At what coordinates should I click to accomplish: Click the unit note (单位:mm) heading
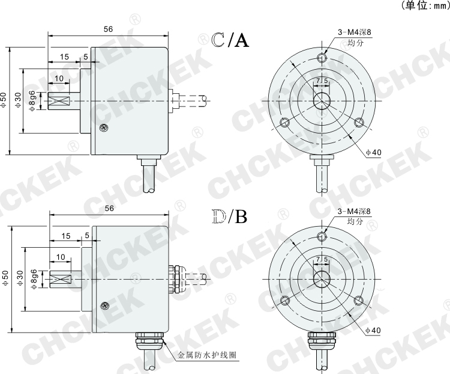[424, 5]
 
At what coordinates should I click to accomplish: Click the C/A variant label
[222, 40]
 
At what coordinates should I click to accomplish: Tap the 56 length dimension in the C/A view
[109, 28]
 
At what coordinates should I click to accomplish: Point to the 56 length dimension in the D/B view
[109, 208]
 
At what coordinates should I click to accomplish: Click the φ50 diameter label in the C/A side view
[5, 99]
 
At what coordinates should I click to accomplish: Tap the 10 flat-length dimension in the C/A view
[59, 79]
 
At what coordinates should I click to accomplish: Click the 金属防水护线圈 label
[207, 355]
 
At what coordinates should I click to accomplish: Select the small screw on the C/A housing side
[105, 127]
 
